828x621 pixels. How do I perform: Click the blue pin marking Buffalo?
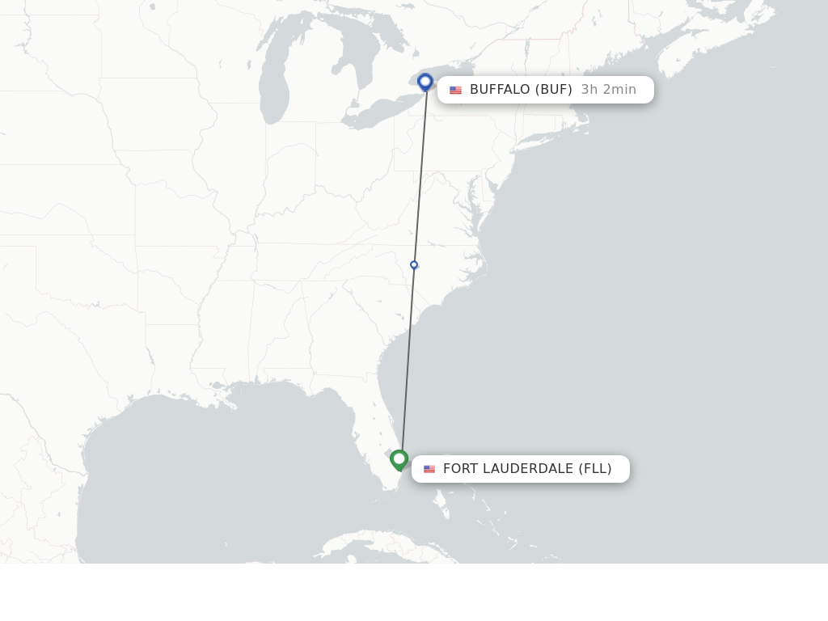tap(425, 82)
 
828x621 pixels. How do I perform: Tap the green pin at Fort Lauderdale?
tap(399, 459)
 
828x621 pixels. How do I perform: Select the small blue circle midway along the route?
tap(414, 265)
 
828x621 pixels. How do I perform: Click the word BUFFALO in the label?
tap(500, 89)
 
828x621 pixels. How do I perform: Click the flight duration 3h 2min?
tap(608, 89)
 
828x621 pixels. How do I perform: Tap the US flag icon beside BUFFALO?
tap(455, 90)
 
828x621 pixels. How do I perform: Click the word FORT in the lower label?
tap(462, 469)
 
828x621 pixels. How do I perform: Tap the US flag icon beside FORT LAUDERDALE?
tap(429, 469)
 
